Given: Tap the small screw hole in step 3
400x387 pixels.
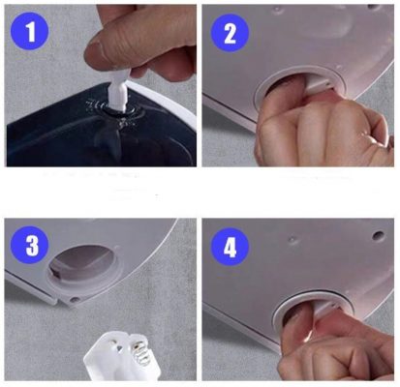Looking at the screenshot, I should coord(74,299).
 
